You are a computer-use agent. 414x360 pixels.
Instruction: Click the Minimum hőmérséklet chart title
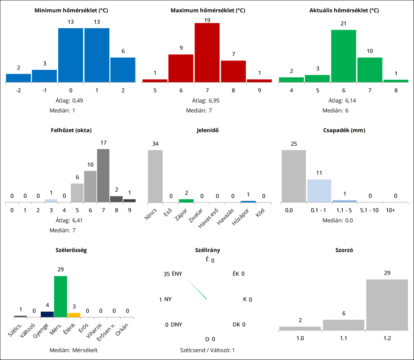[x=71, y=10]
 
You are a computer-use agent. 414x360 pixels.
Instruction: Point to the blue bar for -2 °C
[x=19, y=78]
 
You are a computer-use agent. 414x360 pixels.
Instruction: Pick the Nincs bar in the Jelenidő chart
[x=155, y=176]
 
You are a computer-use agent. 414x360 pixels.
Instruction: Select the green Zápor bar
[x=186, y=201]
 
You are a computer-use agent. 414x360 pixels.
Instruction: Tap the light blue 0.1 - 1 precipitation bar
[x=319, y=191]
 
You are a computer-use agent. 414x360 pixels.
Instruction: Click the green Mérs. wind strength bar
[x=60, y=297]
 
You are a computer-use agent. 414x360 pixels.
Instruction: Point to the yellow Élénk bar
[x=74, y=315]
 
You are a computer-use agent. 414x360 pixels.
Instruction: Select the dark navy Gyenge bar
[x=47, y=314]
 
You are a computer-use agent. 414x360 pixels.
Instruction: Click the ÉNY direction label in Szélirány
[x=177, y=274]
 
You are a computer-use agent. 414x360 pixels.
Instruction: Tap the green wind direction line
[x=197, y=289]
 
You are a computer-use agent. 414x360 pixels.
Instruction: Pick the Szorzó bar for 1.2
[x=387, y=305]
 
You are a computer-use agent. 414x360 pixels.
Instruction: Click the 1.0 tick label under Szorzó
[x=300, y=337]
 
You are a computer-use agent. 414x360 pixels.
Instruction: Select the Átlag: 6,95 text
[x=207, y=100]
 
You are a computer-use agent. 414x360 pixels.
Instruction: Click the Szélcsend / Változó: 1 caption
[x=207, y=350]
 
